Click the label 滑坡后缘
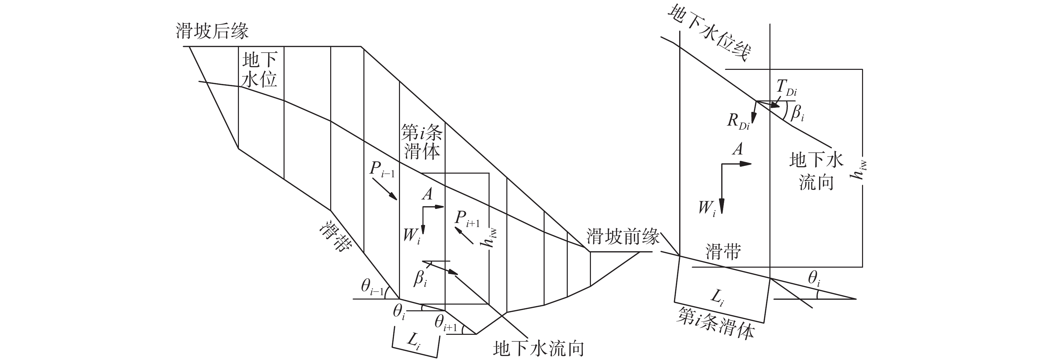click(212, 31)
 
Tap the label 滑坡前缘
click(623, 236)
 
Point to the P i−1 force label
click(382, 170)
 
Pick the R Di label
click(738, 122)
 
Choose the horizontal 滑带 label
click(723, 251)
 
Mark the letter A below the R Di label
click(738, 148)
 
